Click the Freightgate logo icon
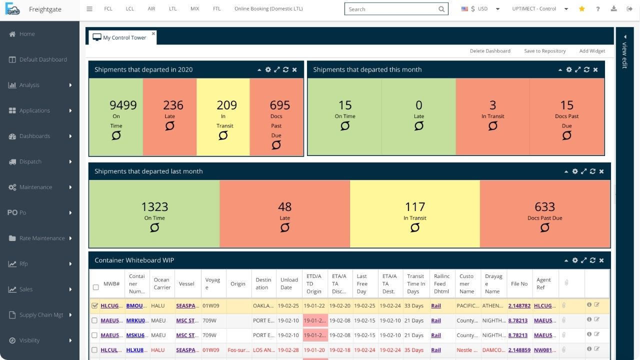(12, 9)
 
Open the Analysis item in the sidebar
(29, 85)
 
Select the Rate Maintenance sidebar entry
(41, 238)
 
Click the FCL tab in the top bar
(108, 9)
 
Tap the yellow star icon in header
(581, 9)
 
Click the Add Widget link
(592, 51)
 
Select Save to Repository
(544, 51)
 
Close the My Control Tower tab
(153, 33)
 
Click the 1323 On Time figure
(154, 207)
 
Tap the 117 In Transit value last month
(415, 207)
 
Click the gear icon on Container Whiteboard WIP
(575, 260)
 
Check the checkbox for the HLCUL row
(94, 350)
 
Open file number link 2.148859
(518, 350)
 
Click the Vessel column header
(186, 283)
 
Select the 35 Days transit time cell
(414, 350)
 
